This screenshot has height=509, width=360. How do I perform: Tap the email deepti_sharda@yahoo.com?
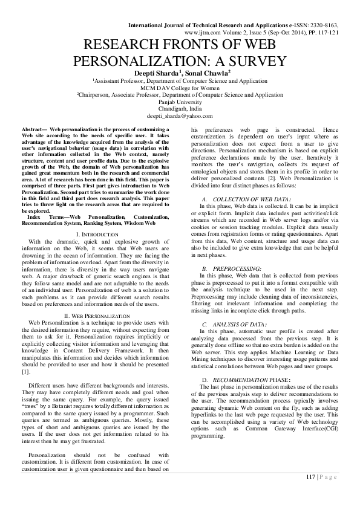pyautogui.click(x=180, y=116)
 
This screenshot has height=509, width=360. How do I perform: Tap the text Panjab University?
pyautogui.click(x=180, y=102)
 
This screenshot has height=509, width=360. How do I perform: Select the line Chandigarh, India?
pyautogui.click(x=180, y=109)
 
